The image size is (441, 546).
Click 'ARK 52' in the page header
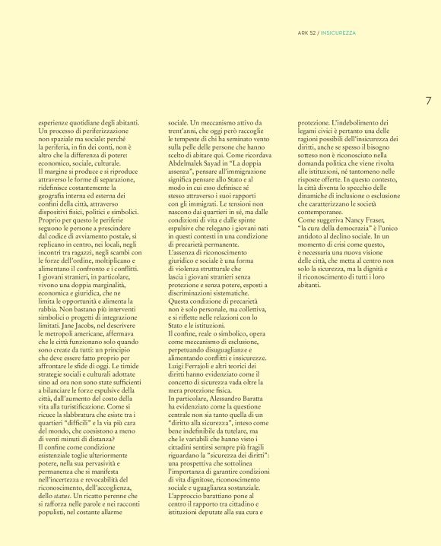pos(308,33)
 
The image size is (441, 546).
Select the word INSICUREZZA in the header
pos(338,33)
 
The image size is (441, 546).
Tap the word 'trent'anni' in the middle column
pos(185,130)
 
